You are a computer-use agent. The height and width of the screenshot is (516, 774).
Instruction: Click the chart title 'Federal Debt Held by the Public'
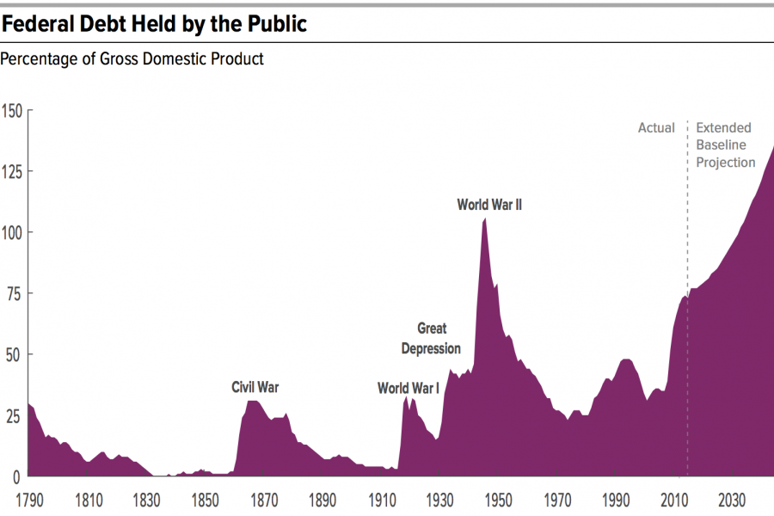155,24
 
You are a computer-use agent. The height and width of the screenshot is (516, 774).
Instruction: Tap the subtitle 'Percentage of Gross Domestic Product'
132,59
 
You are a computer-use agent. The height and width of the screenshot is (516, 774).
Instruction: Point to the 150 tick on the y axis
13,111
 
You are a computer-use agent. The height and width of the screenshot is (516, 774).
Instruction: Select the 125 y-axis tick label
13,171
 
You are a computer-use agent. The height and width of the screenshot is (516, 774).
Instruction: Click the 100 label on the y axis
13,232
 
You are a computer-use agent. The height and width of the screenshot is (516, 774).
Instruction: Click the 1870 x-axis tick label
263,500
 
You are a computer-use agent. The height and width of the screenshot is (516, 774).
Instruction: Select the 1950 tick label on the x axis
497,500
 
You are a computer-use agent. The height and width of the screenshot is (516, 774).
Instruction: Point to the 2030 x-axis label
731,500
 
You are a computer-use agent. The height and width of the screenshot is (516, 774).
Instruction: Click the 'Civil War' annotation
255,388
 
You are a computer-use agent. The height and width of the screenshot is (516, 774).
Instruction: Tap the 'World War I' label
408,389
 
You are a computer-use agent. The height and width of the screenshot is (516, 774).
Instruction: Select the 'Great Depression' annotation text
432,338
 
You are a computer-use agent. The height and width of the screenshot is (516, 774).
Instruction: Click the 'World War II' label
489,206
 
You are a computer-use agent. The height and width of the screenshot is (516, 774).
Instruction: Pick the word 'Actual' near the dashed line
656,128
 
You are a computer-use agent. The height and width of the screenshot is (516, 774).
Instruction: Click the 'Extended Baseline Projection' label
726,144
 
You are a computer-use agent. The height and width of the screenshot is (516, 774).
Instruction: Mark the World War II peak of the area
485,219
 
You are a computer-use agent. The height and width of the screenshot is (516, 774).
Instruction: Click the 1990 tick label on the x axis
614,500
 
